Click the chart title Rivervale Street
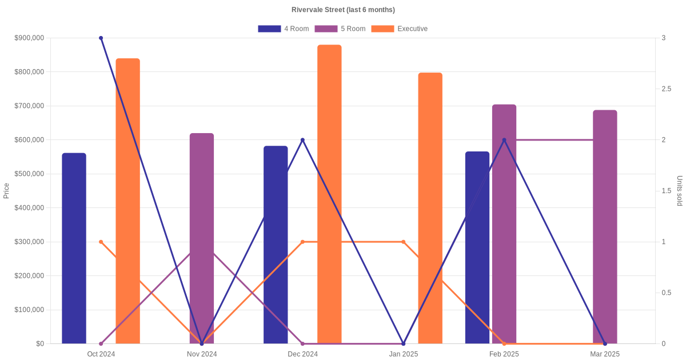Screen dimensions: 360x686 [342, 10]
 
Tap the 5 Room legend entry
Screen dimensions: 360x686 [340, 29]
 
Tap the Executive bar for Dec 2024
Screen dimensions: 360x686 [329, 194]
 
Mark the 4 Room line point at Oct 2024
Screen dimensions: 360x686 [101, 38]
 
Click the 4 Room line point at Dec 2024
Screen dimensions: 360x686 [302, 140]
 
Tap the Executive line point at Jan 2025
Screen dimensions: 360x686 [404, 242]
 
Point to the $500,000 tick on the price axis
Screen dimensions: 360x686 [29, 174]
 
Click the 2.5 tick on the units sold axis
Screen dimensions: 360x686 [667, 89]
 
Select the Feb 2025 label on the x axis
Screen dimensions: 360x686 [504, 354]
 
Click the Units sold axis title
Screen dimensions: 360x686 [680, 191]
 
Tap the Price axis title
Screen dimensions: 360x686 [6, 191]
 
